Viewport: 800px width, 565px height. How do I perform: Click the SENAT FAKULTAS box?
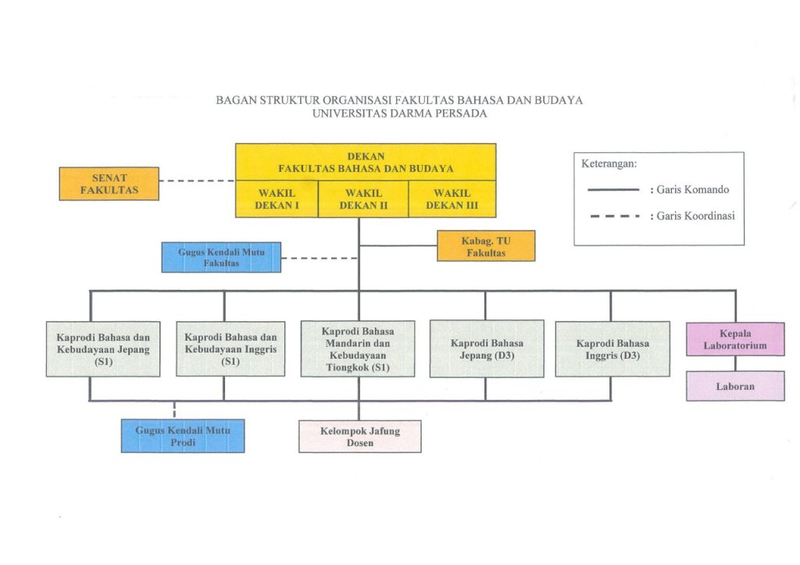click(x=109, y=183)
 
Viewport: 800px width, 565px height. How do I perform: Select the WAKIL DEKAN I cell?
click(x=277, y=199)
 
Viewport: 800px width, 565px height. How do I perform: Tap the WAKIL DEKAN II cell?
click(x=363, y=199)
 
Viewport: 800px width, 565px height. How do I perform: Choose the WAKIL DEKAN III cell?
click(x=452, y=199)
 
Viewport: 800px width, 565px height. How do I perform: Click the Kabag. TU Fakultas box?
click(x=486, y=245)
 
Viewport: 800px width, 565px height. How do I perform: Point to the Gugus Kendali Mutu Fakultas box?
click(x=221, y=257)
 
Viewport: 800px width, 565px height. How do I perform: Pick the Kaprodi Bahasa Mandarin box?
click(x=358, y=349)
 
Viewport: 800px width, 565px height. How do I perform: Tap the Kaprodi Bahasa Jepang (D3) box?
click(x=487, y=349)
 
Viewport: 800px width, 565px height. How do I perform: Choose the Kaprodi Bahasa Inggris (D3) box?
click(x=612, y=349)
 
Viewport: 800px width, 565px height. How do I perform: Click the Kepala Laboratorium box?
click(x=735, y=339)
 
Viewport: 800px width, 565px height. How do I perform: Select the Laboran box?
click(x=735, y=386)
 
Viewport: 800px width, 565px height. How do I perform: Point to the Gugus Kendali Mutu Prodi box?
click(x=183, y=436)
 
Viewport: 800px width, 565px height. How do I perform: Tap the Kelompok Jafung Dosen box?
click(x=360, y=436)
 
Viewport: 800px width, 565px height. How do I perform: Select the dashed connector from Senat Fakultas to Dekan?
click(x=197, y=181)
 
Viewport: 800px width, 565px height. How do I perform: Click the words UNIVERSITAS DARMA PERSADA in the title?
click(x=399, y=113)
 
